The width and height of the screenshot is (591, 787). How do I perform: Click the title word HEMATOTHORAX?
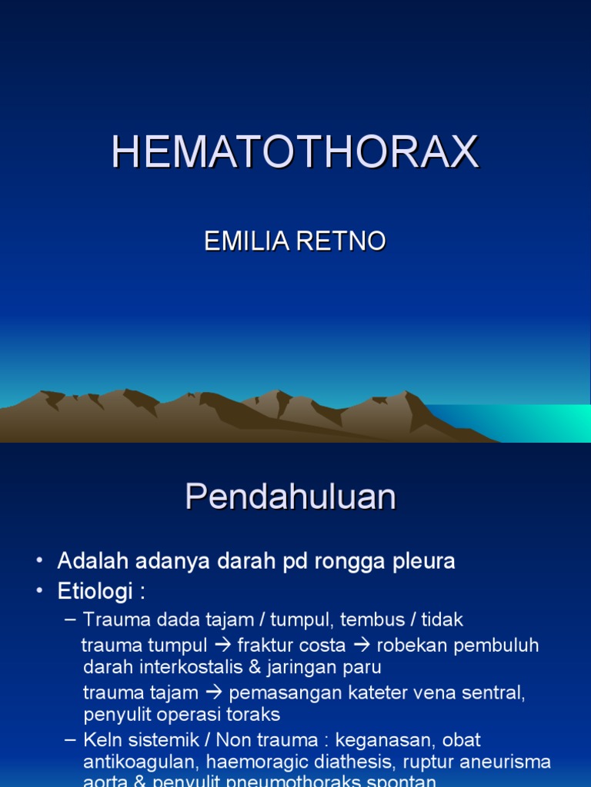pos(295,151)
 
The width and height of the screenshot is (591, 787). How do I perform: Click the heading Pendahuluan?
pos(290,497)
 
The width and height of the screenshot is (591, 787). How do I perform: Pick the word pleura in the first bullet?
pos(422,562)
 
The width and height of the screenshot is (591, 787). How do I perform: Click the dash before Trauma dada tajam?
pos(71,619)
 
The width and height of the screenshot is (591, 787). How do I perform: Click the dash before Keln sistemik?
pos(71,740)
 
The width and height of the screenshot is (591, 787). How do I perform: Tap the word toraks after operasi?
pos(254,714)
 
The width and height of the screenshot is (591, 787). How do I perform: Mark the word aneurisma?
pos(507,762)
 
